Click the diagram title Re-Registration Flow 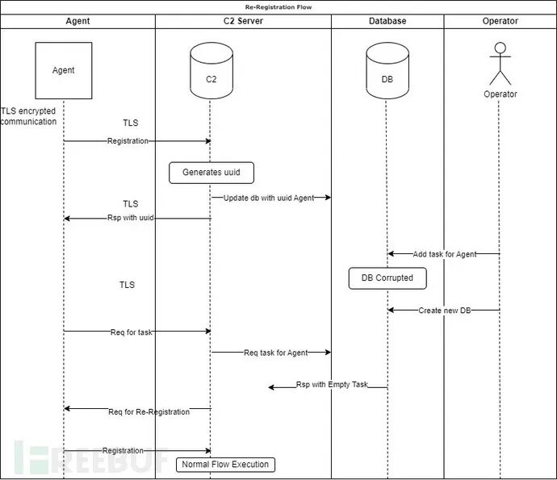278,7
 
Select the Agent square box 64,70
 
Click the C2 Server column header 243,21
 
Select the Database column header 387,21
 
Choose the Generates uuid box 211,172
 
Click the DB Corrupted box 387,278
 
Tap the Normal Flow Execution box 225,465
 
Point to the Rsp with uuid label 130,218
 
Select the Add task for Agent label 444,254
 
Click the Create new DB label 444,311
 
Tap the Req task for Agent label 275,353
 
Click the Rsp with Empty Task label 332,385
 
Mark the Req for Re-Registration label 149,411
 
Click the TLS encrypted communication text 29,116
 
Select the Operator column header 500,21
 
